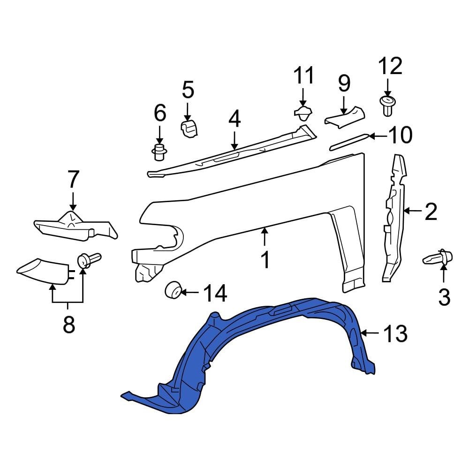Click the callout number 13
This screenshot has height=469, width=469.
pyautogui.click(x=395, y=334)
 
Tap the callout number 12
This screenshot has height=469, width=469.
pyautogui.click(x=390, y=67)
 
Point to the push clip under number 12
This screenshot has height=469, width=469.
pyautogui.click(x=387, y=106)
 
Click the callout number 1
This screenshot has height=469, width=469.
pyautogui.click(x=265, y=259)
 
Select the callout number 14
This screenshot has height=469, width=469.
pyautogui.click(x=215, y=294)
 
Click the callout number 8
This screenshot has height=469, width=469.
pyautogui.click(x=69, y=324)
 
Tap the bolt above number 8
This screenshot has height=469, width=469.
pyautogui.click(x=87, y=259)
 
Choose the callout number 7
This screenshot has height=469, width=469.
pyautogui.click(x=73, y=181)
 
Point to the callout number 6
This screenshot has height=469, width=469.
pyautogui.click(x=159, y=113)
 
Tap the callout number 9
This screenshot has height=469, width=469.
pyautogui.click(x=344, y=83)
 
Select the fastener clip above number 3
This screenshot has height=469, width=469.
pyautogui.click(x=438, y=257)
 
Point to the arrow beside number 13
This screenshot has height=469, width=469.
pyautogui.click(x=370, y=333)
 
